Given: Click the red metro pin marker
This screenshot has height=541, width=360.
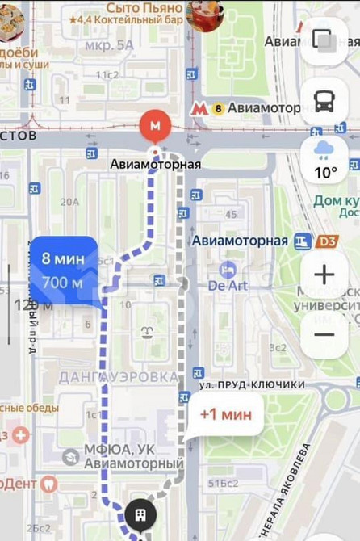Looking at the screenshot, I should (156, 126).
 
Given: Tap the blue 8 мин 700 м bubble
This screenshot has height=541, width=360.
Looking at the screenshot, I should (64, 270).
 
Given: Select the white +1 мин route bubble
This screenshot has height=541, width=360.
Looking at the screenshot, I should (225, 415).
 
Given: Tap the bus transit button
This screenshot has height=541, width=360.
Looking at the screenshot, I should (324, 102).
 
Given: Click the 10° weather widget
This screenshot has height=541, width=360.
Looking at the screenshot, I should (324, 160).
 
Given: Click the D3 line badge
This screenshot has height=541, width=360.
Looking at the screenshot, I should (326, 241).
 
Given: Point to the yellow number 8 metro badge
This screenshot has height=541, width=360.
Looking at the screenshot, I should (218, 107).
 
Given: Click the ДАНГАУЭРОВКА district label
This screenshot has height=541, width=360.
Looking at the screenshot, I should (118, 377).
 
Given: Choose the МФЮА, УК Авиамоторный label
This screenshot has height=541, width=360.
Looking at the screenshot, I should (133, 456).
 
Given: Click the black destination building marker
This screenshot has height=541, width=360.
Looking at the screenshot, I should (140, 514).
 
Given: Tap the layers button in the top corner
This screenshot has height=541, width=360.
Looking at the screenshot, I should (324, 40).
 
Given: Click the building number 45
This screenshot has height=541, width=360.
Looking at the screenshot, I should (231, 214).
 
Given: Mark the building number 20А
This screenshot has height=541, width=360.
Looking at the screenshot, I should (69, 202).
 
